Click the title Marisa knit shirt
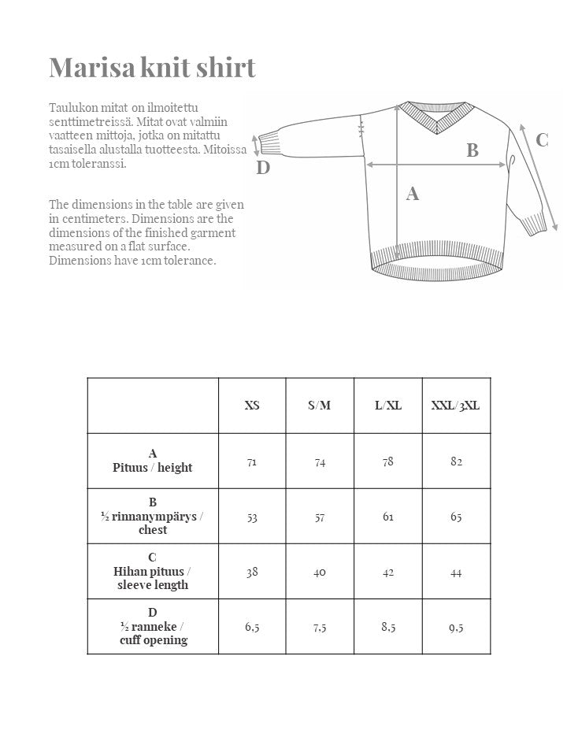[152, 68]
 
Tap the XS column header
[251, 406]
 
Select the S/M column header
[320, 406]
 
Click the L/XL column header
[388, 406]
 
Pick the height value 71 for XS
[251, 461]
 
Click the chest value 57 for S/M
[320, 517]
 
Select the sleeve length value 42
[388, 572]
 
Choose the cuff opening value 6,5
[251, 628]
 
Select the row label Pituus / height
[152, 461]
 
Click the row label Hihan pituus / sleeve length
[152, 572]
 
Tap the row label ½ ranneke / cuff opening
[152, 626]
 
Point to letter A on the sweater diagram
[412, 194]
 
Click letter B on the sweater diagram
[472, 150]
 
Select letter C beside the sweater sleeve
[542, 140]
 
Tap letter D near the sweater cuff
[263, 168]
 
